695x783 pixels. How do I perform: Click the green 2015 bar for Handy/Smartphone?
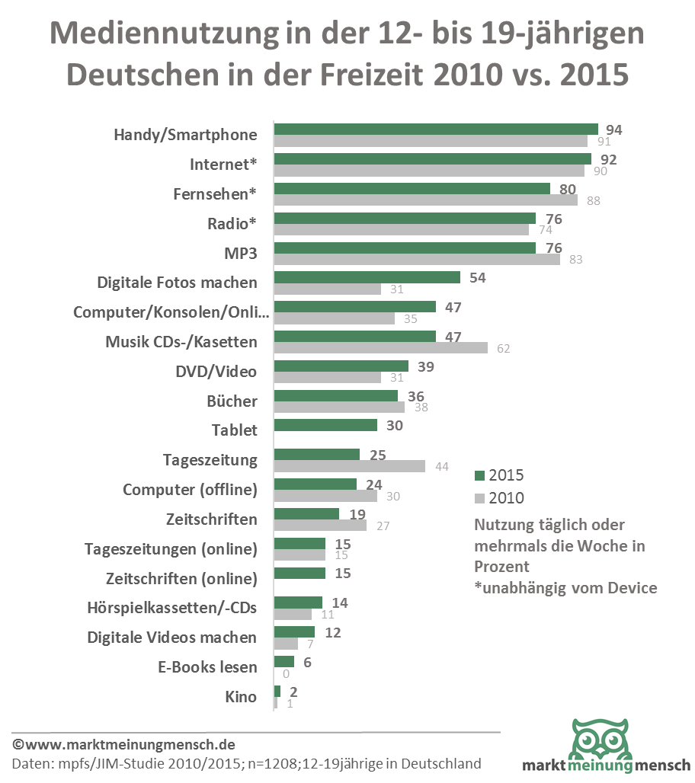436,129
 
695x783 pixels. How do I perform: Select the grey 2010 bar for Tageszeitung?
349,466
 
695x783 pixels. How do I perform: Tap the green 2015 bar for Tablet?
325,425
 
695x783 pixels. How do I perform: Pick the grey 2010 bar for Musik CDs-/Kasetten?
380,348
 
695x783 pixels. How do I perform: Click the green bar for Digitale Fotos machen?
367,277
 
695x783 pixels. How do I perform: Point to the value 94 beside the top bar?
613,130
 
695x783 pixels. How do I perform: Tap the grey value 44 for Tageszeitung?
441,467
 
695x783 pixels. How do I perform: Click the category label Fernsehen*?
215,193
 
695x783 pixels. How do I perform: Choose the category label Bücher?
232,401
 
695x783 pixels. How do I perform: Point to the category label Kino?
241,696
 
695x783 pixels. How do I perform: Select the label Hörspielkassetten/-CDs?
172,608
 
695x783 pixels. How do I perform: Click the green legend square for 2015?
479,476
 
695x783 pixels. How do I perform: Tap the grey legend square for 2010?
479,498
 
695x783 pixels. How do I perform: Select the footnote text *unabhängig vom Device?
565,587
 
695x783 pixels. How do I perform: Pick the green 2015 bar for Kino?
277,691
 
